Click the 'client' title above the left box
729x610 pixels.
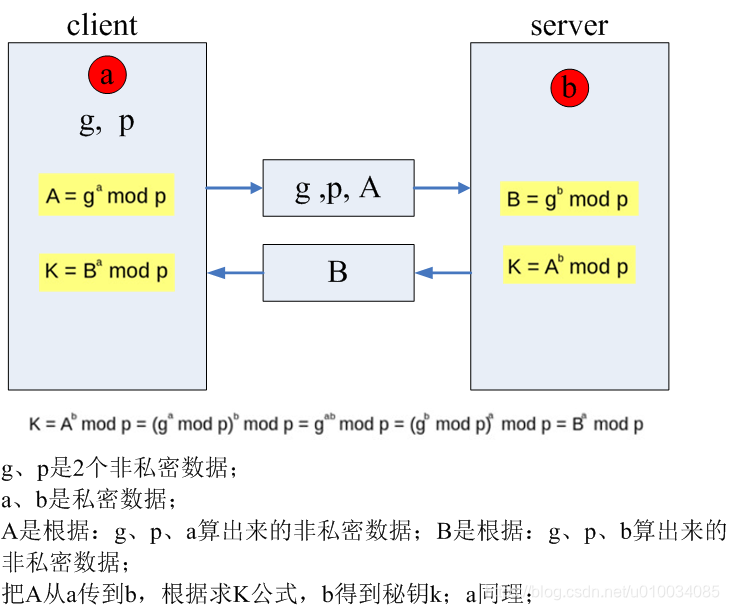pyautogui.click(x=102, y=24)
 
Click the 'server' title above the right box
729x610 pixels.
pyautogui.click(x=568, y=24)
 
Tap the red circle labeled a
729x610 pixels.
pyautogui.click(x=108, y=73)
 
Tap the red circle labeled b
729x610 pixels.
pyautogui.click(x=569, y=89)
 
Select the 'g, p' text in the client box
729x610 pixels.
pyautogui.click(x=107, y=122)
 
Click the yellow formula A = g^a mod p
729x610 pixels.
pyautogui.click(x=106, y=195)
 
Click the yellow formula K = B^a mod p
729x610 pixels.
pyautogui.click(x=107, y=270)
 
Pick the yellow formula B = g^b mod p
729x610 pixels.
pyautogui.click(x=568, y=199)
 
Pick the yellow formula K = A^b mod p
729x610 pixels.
pyautogui.click(x=569, y=265)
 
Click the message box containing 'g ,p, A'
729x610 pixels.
pyautogui.click(x=338, y=187)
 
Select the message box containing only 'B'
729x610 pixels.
pyautogui.click(x=338, y=272)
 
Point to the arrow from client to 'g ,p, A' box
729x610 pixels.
pyautogui.click(x=234, y=187)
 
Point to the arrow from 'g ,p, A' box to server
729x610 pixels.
pyautogui.click(x=442, y=187)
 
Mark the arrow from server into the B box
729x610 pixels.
pyautogui.click(x=442, y=272)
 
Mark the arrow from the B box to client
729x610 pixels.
pyautogui.click(x=234, y=272)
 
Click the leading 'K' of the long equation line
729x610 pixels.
pyautogui.click(x=35, y=424)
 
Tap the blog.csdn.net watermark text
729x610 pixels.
pyautogui.click(x=626, y=592)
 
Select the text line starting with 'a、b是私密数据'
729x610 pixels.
pyautogui.click(x=89, y=500)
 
